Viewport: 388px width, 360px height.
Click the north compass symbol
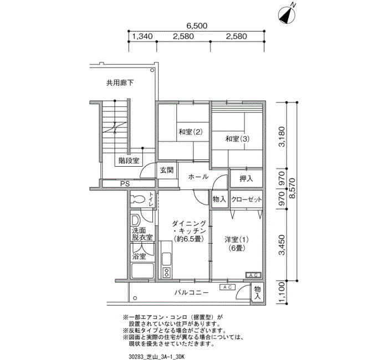point(287,15)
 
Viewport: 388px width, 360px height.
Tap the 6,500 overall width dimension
point(197,25)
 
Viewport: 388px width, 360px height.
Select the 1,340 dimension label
point(142,37)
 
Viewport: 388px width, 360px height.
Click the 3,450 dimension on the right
point(282,245)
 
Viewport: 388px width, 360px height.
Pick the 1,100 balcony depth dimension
point(282,292)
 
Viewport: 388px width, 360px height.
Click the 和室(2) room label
point(191,132)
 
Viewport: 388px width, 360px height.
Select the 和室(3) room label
point(237,139)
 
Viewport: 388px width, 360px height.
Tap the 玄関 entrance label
point(166,171)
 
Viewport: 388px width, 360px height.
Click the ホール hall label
point(198,177)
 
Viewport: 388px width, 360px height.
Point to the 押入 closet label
point(246,178)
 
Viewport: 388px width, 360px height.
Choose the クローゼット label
point(247,199)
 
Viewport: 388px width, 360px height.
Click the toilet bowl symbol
point(139,199)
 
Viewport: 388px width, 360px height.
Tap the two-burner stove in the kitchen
point(166,272)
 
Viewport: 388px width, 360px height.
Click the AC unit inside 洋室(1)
point(253,275)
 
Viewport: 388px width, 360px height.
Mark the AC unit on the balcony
point(227,287)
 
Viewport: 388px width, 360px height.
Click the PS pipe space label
point(125,184)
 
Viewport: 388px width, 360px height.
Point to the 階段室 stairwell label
point(129,161)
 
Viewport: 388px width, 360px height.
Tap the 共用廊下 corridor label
point(120,83)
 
